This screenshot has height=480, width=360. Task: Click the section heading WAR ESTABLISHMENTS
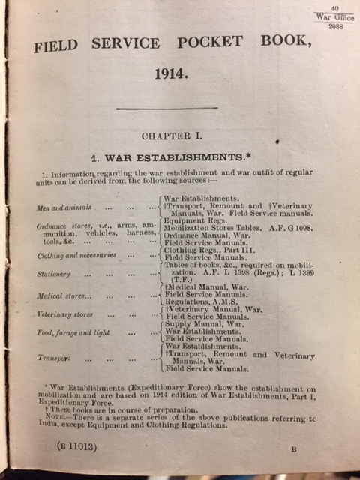click(177, 159)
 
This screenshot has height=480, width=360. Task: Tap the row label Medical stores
click(61, 296)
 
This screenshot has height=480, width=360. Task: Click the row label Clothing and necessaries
click(76, 255)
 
